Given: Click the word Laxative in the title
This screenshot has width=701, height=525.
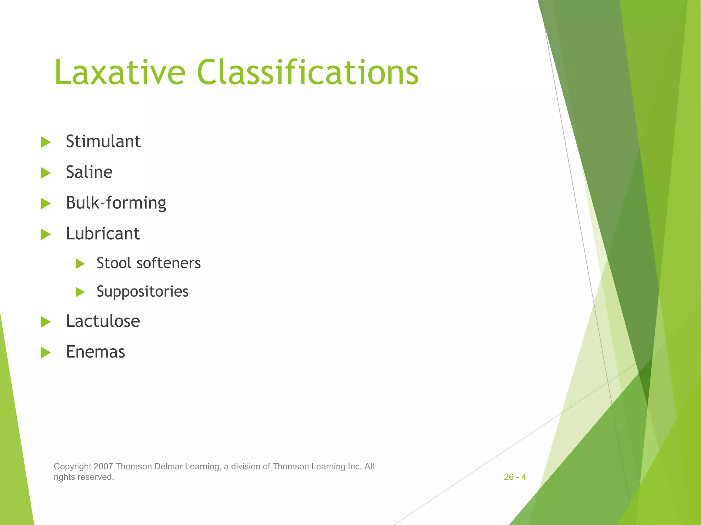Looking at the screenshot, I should [x=119, y=72].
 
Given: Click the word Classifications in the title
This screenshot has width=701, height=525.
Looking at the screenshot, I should [x=307, y=72].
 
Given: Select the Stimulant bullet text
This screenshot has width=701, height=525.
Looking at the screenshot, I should [x=103, y=142].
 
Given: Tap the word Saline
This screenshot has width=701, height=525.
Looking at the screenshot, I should [x=89, y=172].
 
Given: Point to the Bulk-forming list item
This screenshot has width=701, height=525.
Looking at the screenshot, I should [x=116, y=203].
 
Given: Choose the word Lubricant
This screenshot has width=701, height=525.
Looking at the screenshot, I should [x=103, y=234].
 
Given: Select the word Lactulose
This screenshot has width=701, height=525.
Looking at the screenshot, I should [x=103, y=321].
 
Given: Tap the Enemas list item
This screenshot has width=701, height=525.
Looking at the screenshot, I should [x=95, y=352].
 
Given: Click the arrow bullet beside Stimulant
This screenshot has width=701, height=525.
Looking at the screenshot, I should [x=46, y=142].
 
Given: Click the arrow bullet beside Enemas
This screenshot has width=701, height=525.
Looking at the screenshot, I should [x=46, y=353].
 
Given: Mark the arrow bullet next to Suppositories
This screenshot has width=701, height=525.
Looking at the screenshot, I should [x=80, y=292].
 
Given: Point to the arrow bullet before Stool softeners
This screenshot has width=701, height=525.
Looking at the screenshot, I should [x=80, y=264].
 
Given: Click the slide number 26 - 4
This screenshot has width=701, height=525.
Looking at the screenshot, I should [x=514, y=477].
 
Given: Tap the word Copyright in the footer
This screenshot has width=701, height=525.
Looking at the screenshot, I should [x=73, y=467].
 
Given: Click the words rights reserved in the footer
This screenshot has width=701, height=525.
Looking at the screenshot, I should [x=84, y=477].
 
